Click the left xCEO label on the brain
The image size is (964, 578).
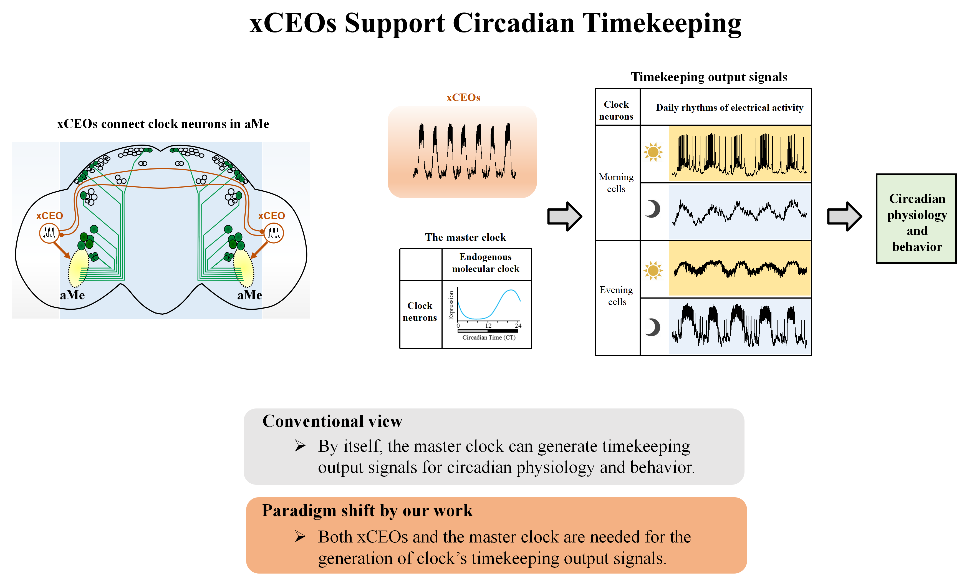coord(49,216)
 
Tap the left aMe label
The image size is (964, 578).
coord(72,295)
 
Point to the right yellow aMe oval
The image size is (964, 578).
coord(243,268)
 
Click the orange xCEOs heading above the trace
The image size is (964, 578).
coord(463,97)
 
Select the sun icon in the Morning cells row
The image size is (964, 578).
coord(653,152)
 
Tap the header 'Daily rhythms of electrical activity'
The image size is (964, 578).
coord(729,107)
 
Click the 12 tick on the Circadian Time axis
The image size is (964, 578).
coord(488,325)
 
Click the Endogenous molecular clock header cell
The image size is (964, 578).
coord(486,263)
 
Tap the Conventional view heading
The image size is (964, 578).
coord(332,421)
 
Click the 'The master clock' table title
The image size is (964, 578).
coord(465,237)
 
